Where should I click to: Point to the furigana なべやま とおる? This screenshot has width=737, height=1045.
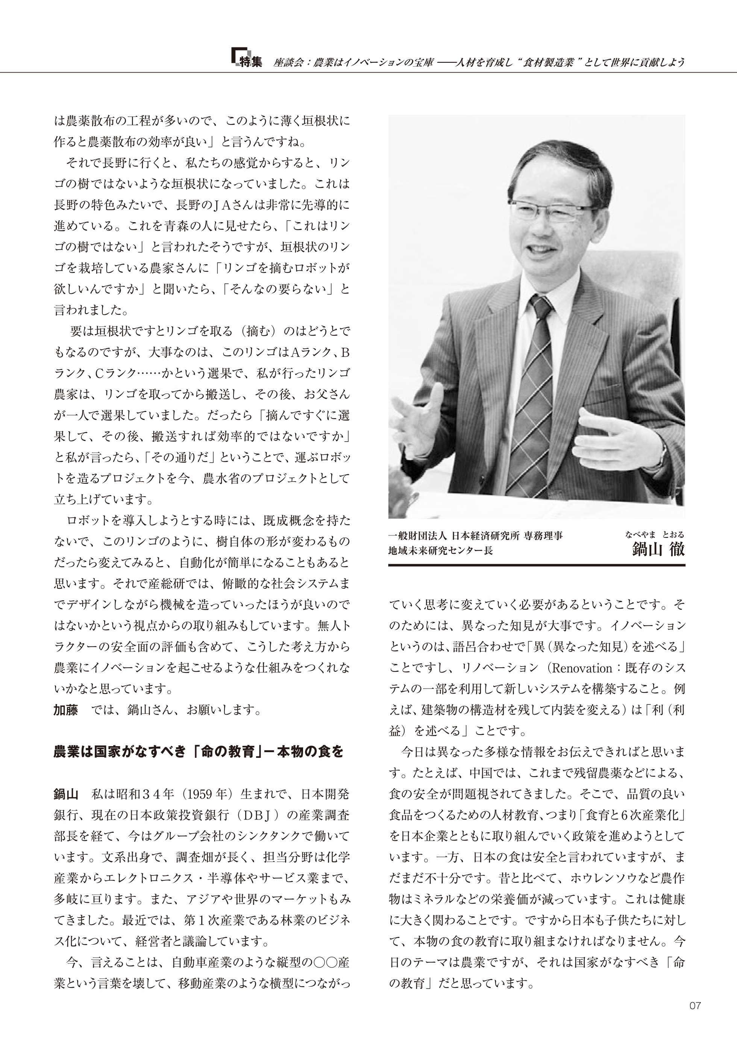[x=655, y=535]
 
